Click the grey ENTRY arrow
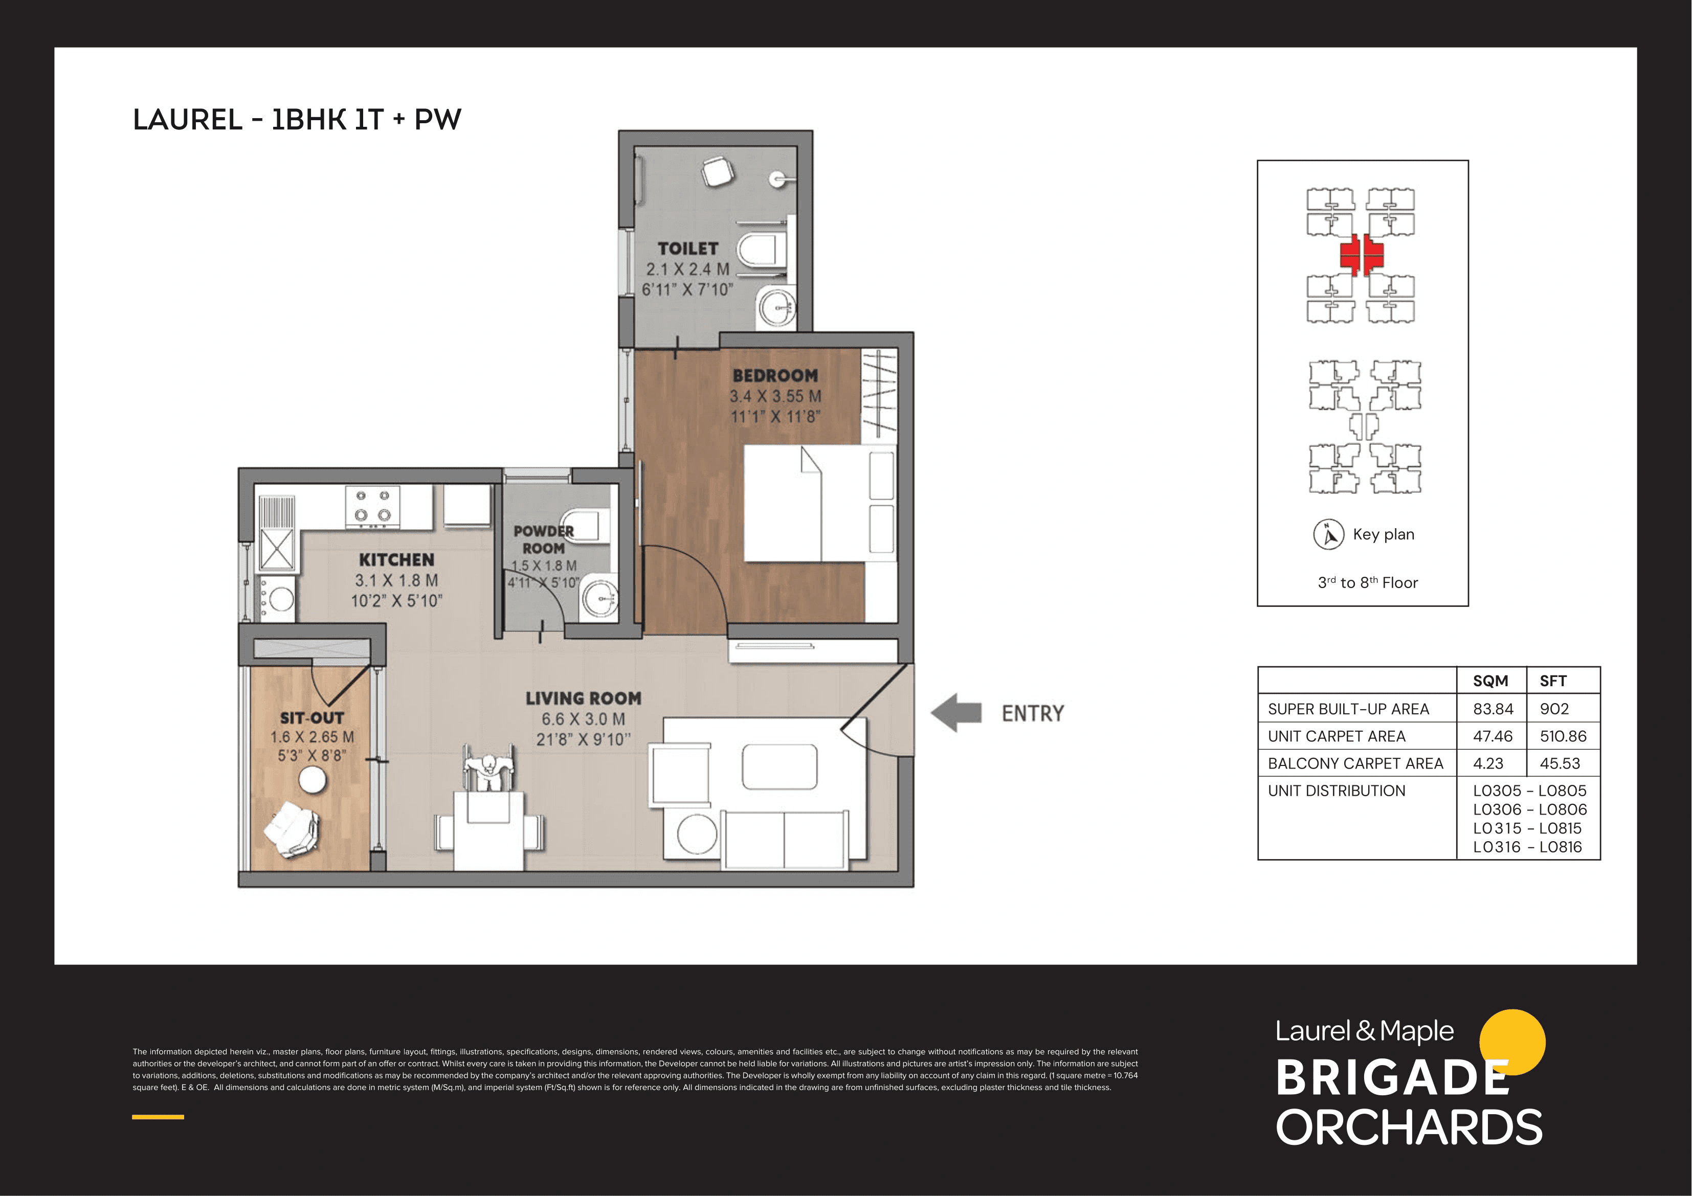coord(956,713)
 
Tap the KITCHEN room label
coord(396,560)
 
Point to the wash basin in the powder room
coord(600,598)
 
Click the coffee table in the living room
coord(780,766)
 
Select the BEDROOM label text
coord(775,376)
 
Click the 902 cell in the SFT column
coord(1554,709)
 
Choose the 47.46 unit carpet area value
coord(1493,736)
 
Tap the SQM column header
coord(1490,681)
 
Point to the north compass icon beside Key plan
coord(1329,534)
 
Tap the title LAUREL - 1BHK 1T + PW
coord(297,119)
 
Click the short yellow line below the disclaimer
coord(158,1117)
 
